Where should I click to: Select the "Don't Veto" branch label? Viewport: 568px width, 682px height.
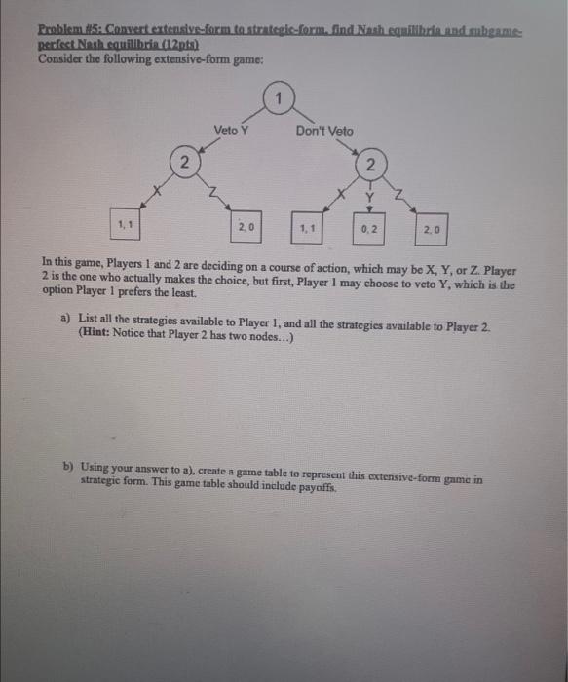click(324, 132)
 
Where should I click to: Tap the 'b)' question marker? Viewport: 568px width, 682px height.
click(67, 470)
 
